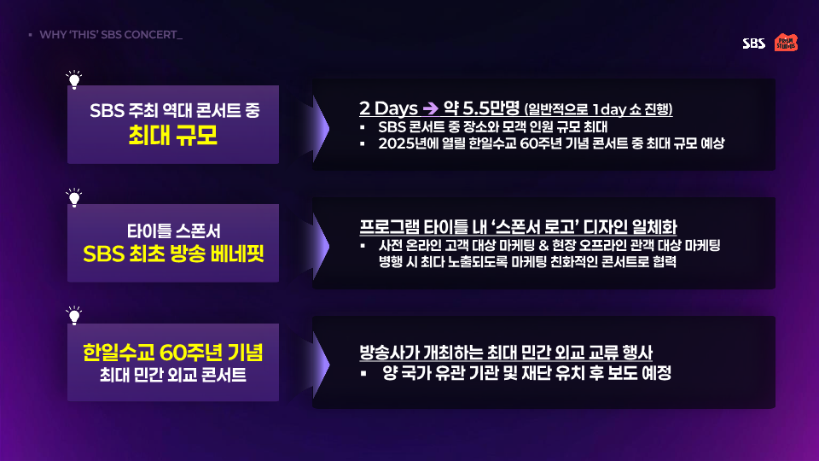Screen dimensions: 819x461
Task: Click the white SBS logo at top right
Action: tap(753, 44)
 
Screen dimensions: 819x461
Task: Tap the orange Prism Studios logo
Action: tap(786, 43)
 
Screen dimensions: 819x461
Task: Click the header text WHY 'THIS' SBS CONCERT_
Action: tap(111, 34)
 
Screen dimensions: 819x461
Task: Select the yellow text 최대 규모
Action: tap(173, 136)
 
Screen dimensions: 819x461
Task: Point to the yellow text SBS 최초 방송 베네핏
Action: tap(173, 254)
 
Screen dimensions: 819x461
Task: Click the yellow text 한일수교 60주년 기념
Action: tap(173, 353)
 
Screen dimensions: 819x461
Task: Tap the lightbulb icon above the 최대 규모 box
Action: tap(74, 79)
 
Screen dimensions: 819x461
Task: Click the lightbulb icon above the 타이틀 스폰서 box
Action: tap(74, 197)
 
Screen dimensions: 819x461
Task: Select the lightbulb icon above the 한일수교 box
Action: tap(74, 316)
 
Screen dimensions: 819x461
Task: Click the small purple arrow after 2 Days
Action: tap(430, 108)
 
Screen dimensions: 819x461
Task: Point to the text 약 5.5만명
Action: tap(481, 108)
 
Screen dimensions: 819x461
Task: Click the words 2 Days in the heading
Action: tap(389, 108)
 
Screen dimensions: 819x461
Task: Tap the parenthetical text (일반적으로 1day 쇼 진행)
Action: tap(598, 109)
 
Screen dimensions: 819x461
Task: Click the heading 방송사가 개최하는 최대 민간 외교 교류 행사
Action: tap(506, 353)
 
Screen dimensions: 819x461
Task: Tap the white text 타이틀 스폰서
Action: tap(173, 231)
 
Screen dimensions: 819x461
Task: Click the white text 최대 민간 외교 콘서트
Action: tap(173, 375)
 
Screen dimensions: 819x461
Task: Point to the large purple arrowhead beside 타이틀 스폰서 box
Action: tap(321, 246)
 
